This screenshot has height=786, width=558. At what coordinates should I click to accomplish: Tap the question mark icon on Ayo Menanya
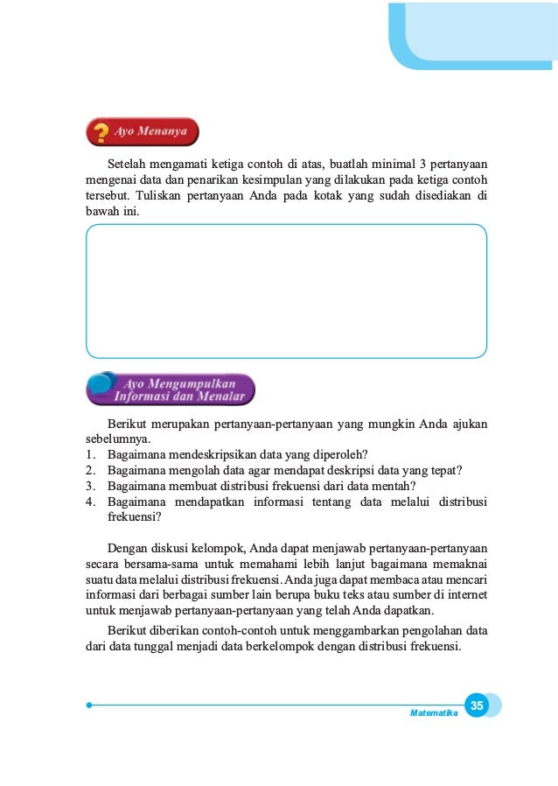pyautogui.click(x=101, y=133)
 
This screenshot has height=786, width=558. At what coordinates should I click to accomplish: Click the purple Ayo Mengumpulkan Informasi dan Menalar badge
pyautogui.click(x=171, y=389)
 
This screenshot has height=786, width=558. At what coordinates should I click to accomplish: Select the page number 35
pyautogui.click(x=477, y=705)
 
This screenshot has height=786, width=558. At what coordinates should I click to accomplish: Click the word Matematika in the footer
pyautogui.click(x=434, y=713)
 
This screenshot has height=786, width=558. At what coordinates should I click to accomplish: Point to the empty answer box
pyautogui.click(x=286, y=291)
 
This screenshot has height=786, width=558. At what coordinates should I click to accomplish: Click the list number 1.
pyautogui.click(x=91, y=453)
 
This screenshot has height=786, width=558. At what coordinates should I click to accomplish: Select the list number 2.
pyautogui.click(x=91, y=470)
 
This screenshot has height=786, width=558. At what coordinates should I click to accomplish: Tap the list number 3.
pyautogui.click(x=91, y=486)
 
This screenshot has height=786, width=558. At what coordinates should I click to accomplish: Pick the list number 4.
pyautogui.click(x=91, y=502)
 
